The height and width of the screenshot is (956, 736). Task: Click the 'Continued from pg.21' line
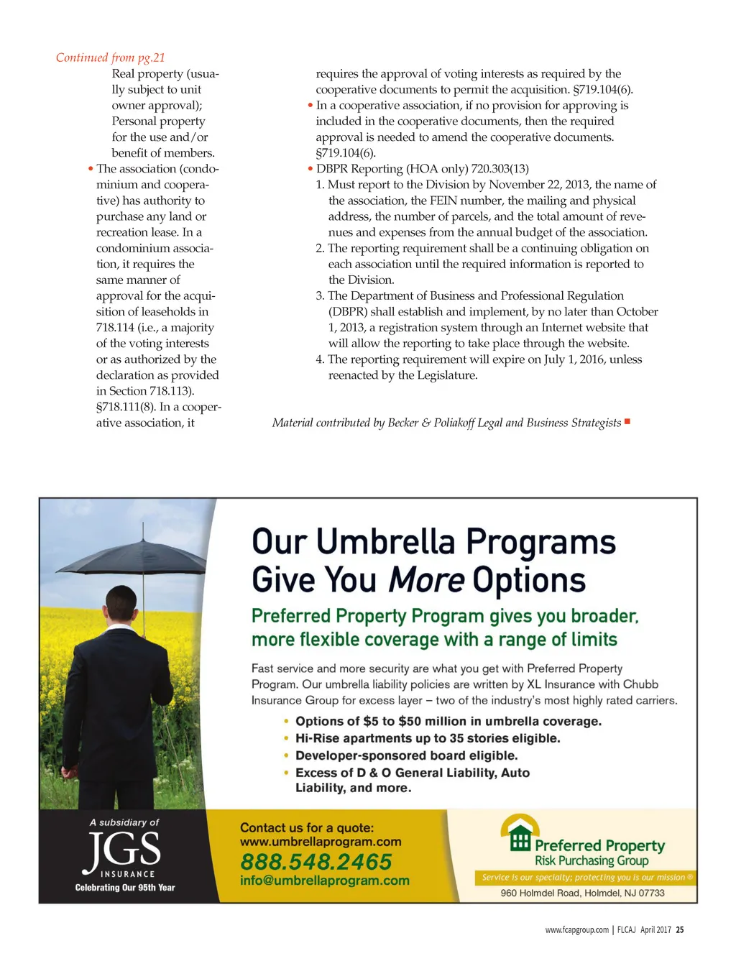111,58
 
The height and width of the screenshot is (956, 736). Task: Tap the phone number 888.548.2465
316,861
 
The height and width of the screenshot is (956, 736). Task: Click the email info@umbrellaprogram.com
324,881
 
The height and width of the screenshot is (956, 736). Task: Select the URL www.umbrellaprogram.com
321,842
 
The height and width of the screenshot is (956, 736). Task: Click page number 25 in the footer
680,930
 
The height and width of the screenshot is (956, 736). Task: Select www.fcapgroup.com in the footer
576,930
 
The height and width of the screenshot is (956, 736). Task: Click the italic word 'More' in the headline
426,580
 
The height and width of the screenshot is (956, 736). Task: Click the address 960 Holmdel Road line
582,893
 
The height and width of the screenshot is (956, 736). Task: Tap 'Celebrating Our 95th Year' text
125,888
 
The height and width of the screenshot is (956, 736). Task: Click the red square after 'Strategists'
627,421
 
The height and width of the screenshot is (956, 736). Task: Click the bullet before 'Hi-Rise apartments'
287,738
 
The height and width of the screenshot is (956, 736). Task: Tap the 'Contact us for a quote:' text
307,827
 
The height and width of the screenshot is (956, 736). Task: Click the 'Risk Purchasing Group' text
591,861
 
